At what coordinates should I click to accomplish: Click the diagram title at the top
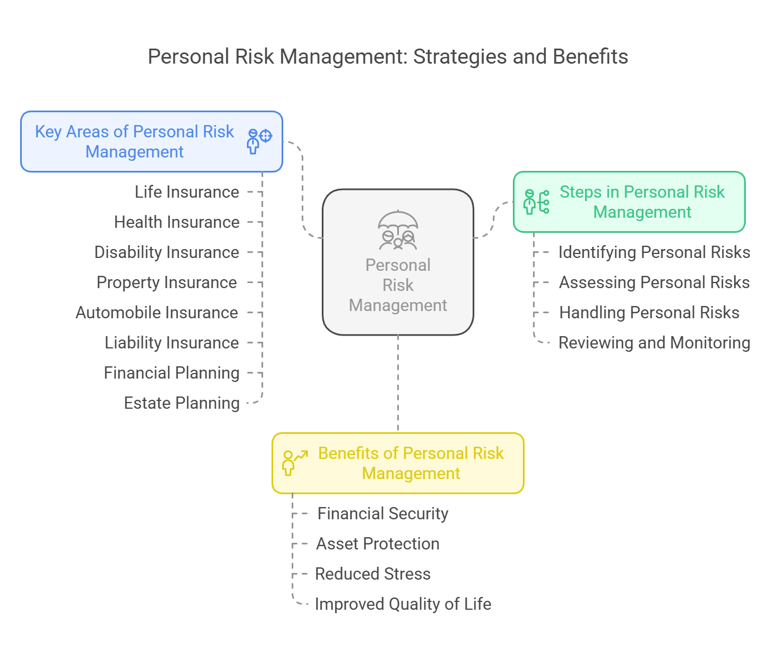pyautogui.click(x=388, y=57)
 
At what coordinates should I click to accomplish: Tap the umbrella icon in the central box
pyautogui.click(x=398, y=230)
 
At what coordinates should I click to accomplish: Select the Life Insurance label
pyautogui.click(x=187, y=192)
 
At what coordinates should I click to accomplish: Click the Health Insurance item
pyautogui.click(x=177, y=222)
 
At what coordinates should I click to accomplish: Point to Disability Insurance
pyautogui.click(x=166, y=252)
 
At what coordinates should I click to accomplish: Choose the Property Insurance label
pyautogui.click(x=166, y=283)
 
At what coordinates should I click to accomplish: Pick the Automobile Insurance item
pyautogui.click(x=156, y=313)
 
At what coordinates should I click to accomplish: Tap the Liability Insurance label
pyautogui.click(x=172, y=342)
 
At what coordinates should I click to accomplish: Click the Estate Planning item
pyautogui.click(x=182, y=403)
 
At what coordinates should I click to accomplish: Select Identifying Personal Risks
pyautogui.click(x=654, y=252)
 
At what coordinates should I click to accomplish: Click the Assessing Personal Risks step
pyautogui.click(x=654, y=283)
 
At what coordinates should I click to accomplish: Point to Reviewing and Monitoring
pyautogui.click(x=654, y=343)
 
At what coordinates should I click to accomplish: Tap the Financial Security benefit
pyautogui.click(x=383, y=514)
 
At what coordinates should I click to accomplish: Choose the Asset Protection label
pyautogui.click(x=378, y=544)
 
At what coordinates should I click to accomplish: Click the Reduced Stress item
pyautogui.click(x=373, y=574)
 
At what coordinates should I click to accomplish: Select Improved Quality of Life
pyautogui.click(x=403, y=604)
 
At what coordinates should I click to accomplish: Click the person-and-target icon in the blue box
pyautogui.click(x=259, y=141)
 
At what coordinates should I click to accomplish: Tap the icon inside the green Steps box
pyautogui.click(x=536, y=202)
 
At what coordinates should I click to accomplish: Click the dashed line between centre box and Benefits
pyautogui.click(x=398, y=384)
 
